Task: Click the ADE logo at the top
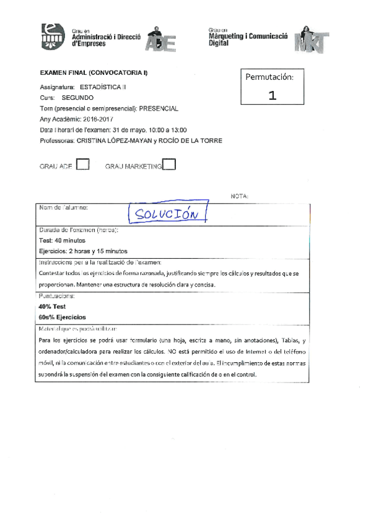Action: (x=162, y=40)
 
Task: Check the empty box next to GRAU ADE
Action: (x=82, y=165)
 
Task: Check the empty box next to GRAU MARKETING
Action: (x=168, y=165)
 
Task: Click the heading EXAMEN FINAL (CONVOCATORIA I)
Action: (x=94, y=74)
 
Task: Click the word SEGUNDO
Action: (x=78, y=98)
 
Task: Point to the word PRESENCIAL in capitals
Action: (x=159, y=108)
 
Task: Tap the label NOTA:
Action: (x=238, y=196)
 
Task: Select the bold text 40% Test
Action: (x=53, y=306)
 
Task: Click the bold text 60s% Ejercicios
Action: (x=62, y=317)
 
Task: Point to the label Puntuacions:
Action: (x=58, y=296)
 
